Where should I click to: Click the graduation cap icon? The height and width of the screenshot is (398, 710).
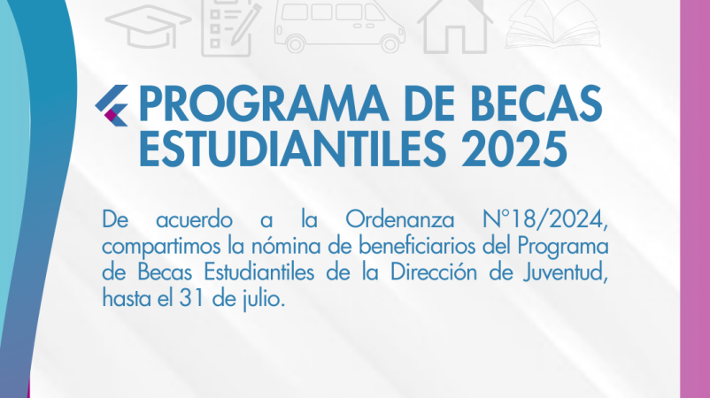pos(148,27)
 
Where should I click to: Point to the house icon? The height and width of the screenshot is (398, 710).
pos(455,27)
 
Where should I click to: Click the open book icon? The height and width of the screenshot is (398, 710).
pos(553,25)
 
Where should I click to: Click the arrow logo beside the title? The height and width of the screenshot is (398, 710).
pos(112,105)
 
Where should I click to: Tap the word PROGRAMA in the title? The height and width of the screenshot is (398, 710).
pos(263,104)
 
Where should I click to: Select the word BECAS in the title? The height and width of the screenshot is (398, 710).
pos(536,104)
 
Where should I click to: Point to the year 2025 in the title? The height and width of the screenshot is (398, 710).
pos(514,149)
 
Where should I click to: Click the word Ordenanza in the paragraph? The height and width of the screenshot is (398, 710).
pos(400,220)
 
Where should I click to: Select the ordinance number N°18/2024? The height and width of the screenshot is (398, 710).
pos(545,220)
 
